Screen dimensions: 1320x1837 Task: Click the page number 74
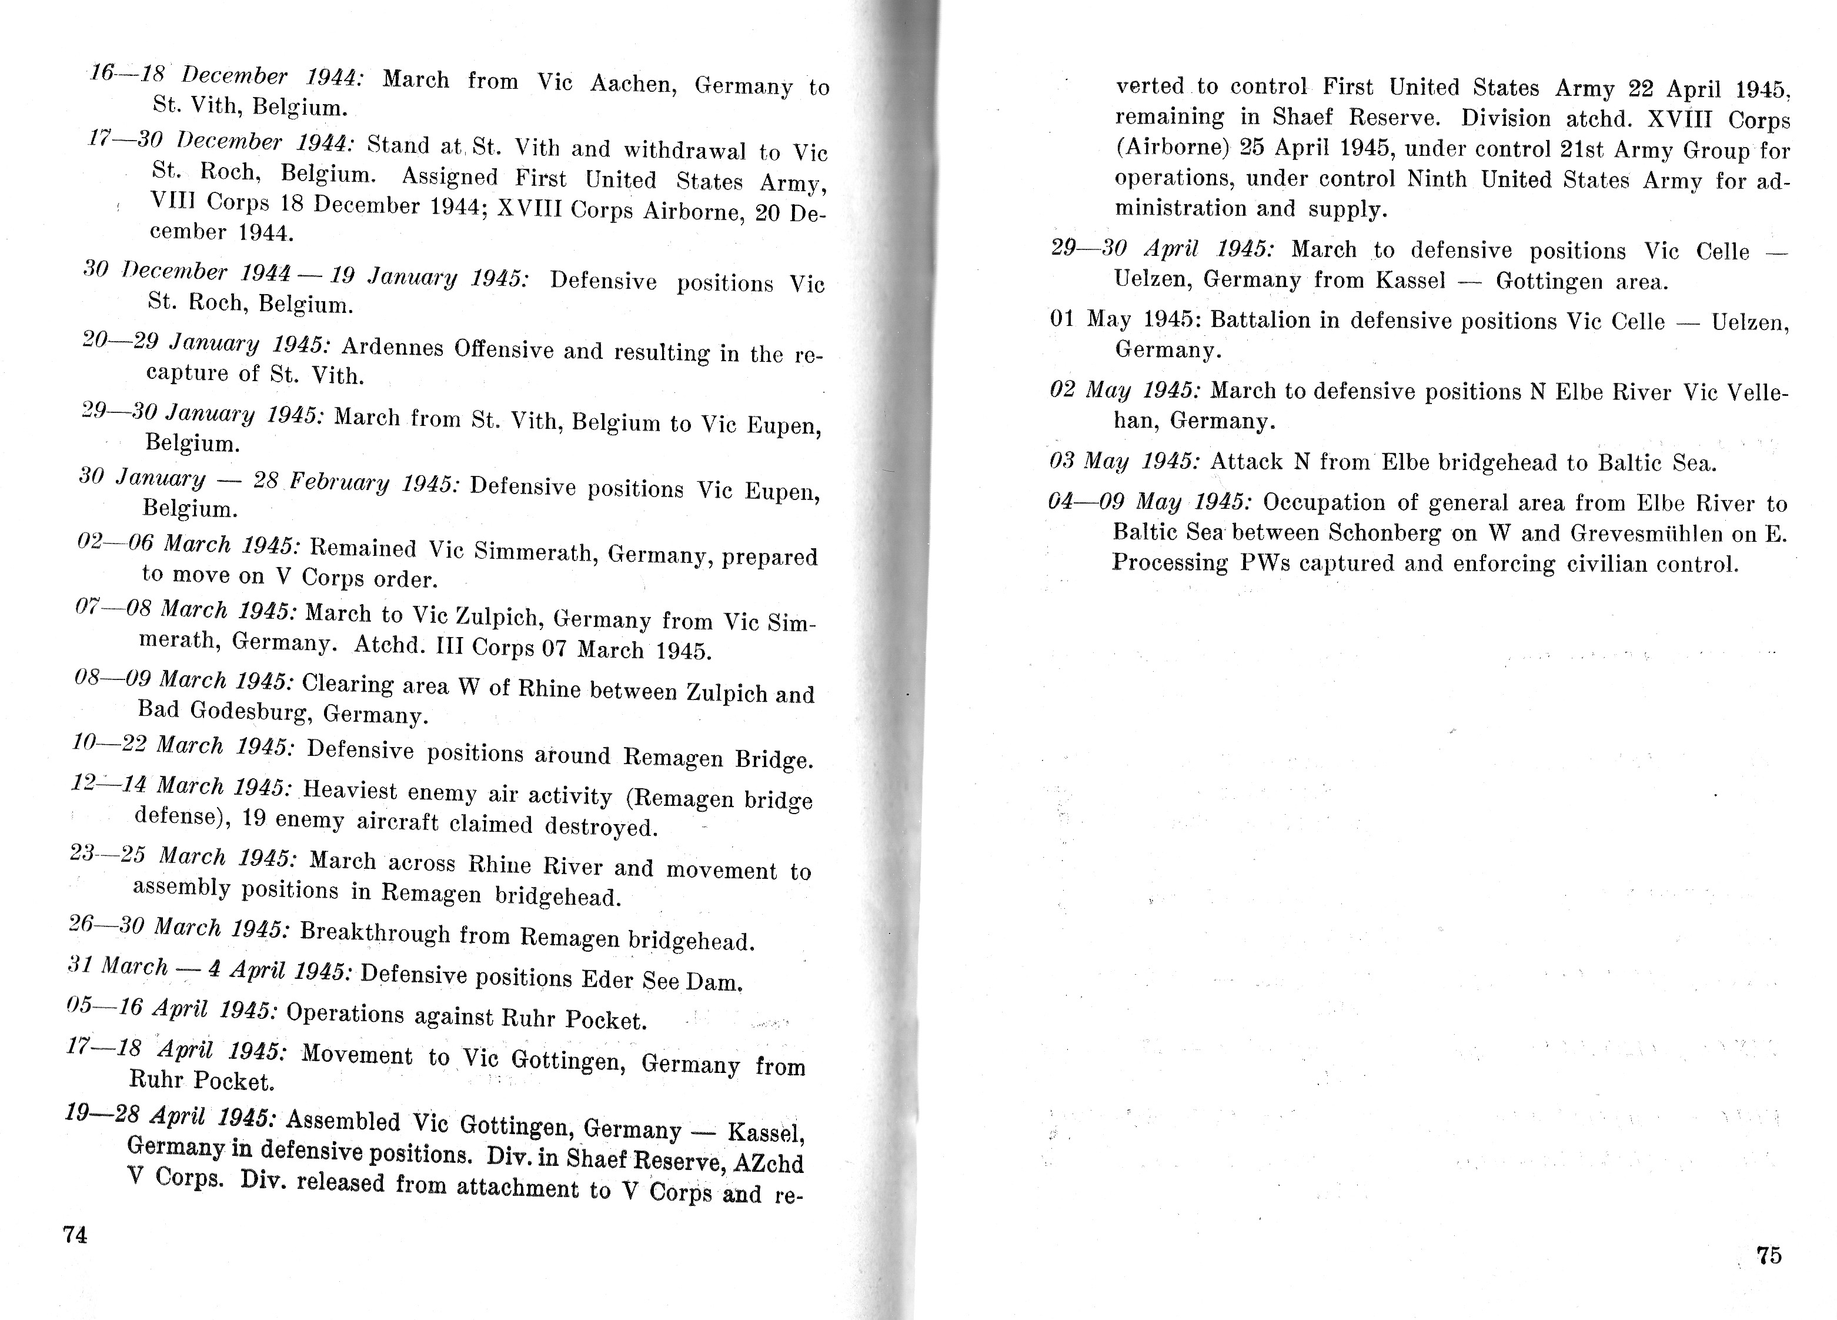click(75, 1235)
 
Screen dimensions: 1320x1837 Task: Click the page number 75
click(1769, 1255)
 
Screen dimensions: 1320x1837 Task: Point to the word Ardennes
click(393, 347)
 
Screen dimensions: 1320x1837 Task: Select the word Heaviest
click(350, 789)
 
